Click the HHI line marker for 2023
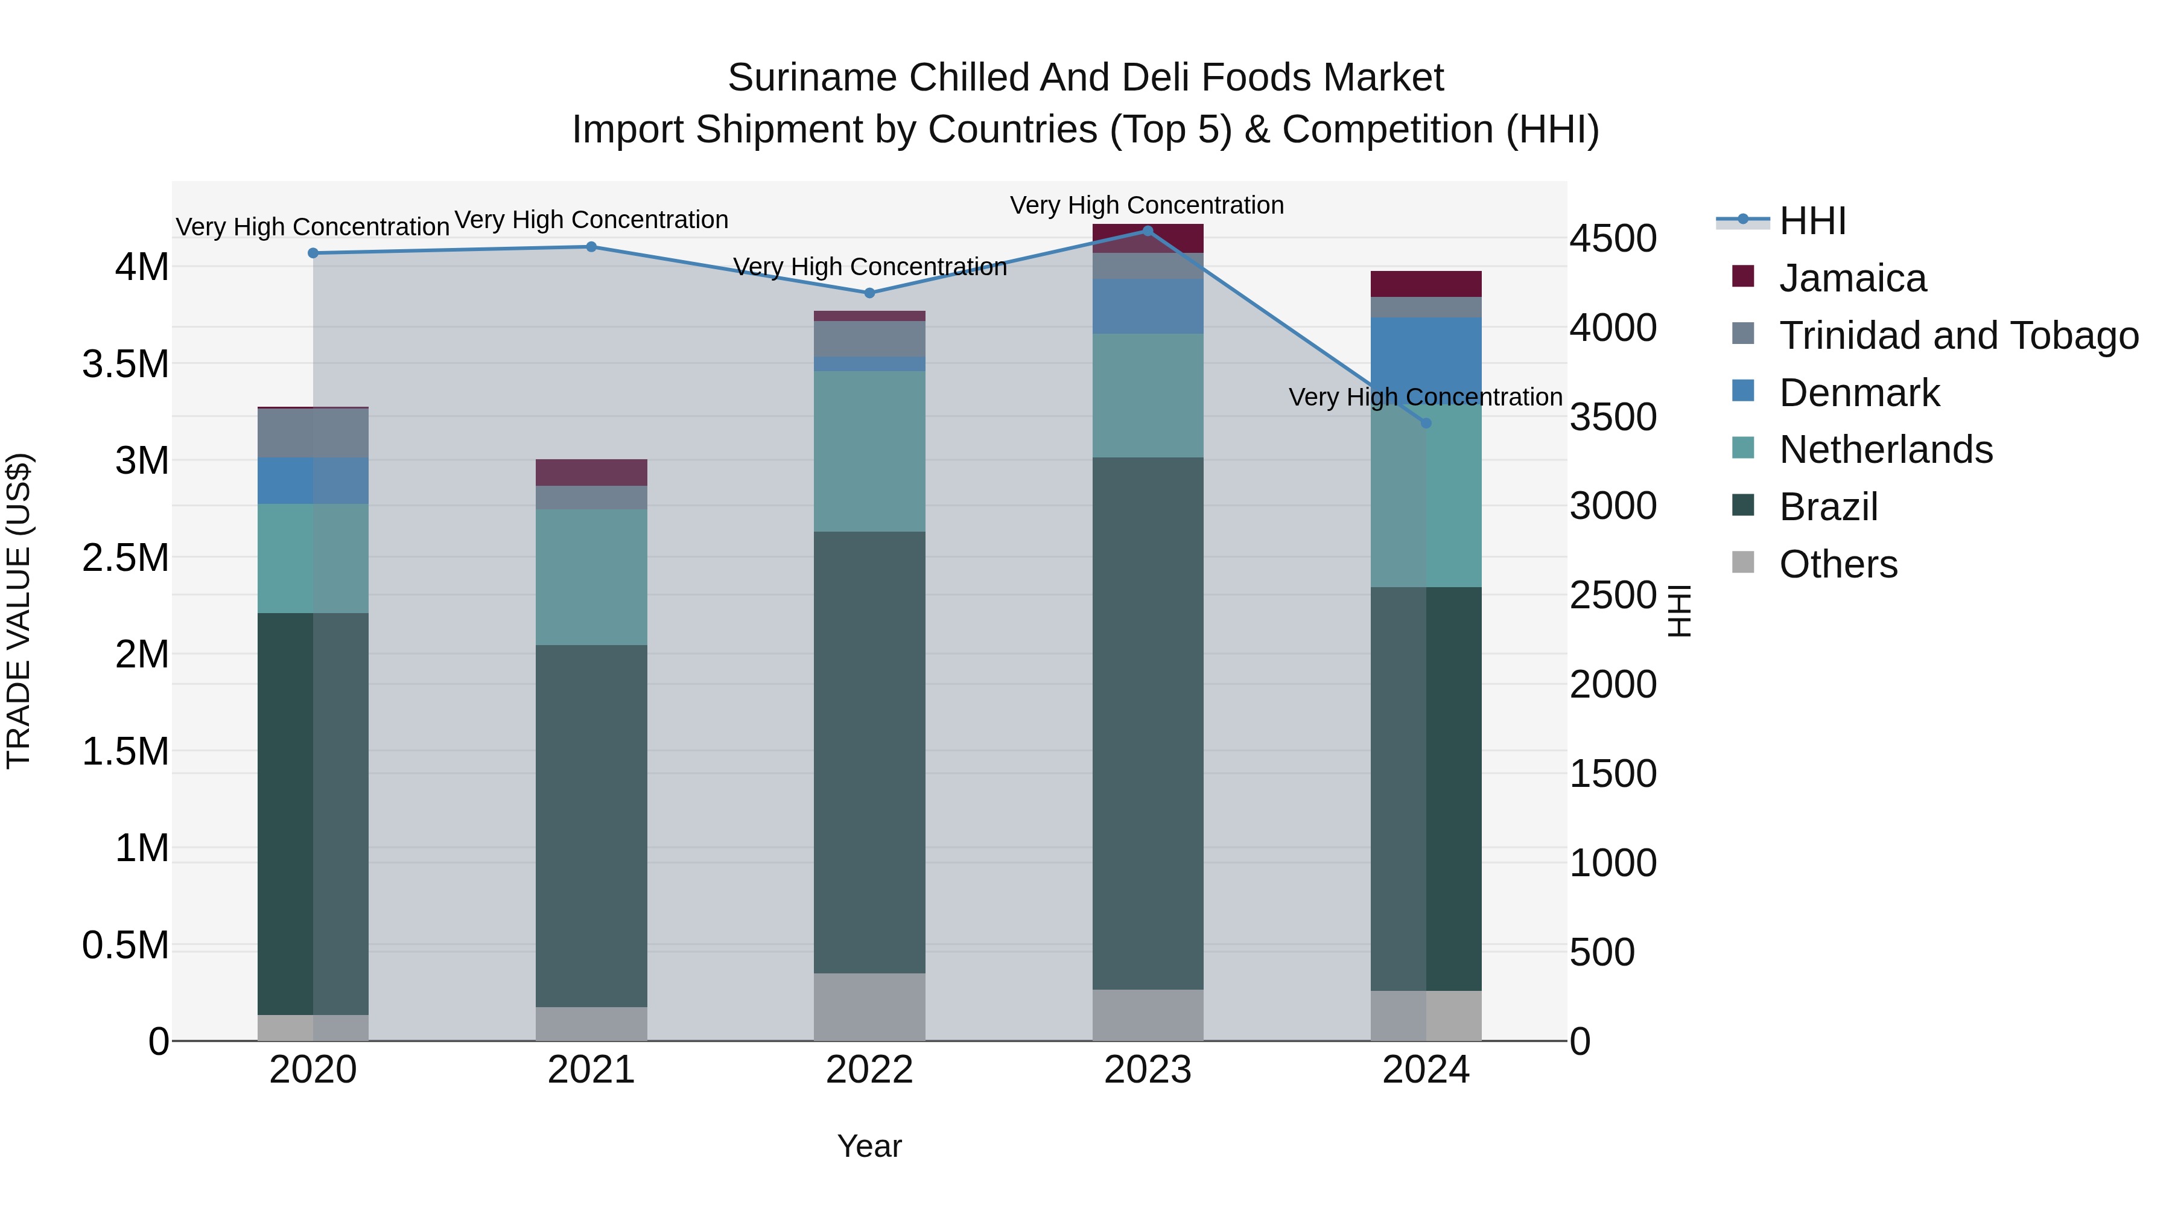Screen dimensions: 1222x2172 pos(1148,231)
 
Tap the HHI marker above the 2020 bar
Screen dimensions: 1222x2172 pos(313,253)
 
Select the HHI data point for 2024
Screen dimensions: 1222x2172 pos(1426,424)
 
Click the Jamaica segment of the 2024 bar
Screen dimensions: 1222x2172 pos(1426,284)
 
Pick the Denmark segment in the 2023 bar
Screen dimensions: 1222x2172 pos(1148,305)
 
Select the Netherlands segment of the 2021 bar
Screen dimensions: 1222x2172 pos(591,577)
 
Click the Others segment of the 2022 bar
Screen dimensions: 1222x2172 pos(869,1007)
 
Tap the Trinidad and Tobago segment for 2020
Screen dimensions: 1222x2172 pos(313,433)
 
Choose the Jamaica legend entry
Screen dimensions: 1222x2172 pos(1852,278)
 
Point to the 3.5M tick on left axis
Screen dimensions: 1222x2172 pos(125,364)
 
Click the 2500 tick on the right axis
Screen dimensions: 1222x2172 pos(1612,596)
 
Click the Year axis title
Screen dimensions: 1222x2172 pos(869,1146)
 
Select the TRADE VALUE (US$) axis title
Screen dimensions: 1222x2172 pos(19,611)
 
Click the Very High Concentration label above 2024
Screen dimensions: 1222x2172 pos(1425,396)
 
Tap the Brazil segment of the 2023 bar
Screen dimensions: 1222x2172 pos(1148,724)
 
